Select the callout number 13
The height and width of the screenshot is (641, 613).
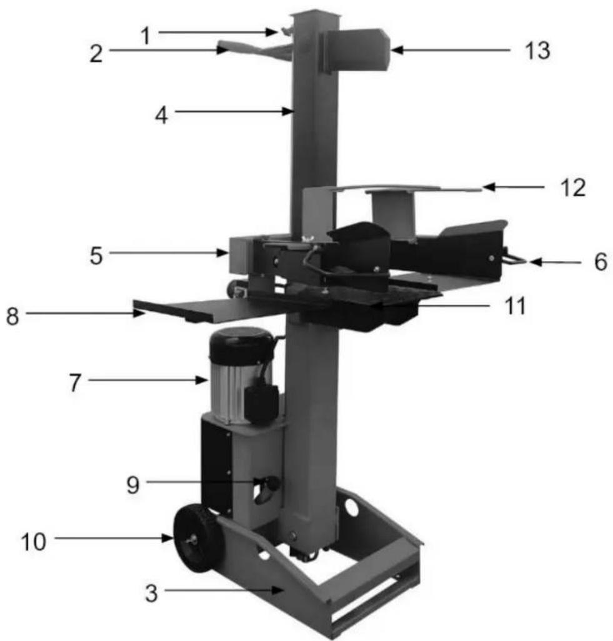click(537, 51)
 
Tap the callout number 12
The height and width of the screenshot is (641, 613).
click(572, 188)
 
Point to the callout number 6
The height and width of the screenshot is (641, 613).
click(601, 262)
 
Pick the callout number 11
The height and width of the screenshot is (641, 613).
click(515, 306)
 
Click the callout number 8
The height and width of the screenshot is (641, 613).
click(12, 316)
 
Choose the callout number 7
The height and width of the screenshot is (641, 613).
click(75, 383)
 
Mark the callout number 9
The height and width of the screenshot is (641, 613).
click(133, 485)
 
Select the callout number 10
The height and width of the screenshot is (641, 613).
click(33, 542)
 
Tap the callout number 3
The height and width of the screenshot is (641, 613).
click(151, 593)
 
